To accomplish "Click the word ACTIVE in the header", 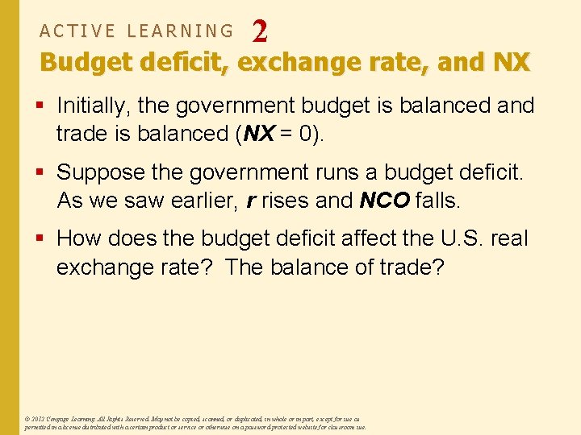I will click(77, 31).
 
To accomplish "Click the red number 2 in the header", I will click(260, 31).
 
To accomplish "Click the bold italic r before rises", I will click(251, 200).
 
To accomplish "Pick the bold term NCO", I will click(385, 200).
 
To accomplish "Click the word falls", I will click(437, 200).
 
